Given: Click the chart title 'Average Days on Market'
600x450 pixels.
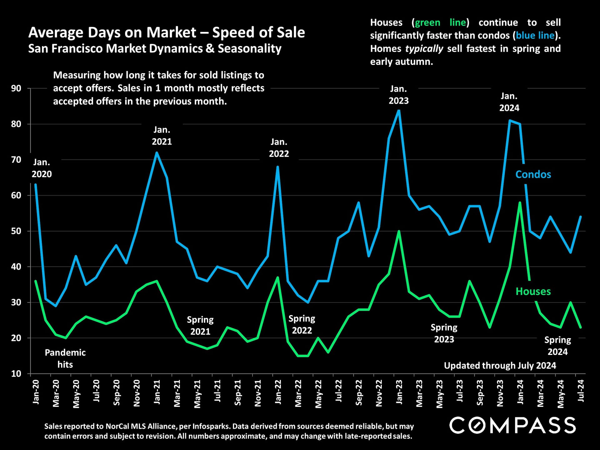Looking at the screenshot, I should (x=166, y=32).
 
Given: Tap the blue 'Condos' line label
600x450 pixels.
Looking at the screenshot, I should (x=533, y=174).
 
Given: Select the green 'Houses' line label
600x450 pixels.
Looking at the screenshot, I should (x=533, y=291).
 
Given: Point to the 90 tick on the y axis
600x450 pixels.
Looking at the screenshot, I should (x=16, y=88).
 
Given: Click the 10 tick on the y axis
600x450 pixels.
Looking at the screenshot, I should (x=16, y=374).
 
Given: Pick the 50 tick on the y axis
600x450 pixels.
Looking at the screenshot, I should (x=16, y=231).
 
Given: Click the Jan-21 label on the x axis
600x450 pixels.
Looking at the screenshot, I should (x=157, y=392).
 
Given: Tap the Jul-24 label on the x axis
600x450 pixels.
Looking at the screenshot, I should (x=581, y=391).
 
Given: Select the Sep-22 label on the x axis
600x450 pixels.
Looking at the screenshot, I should (x=359, y=393).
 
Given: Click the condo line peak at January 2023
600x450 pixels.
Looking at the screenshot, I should (x=399, y=110).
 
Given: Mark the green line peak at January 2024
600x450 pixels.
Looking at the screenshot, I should (x=520, y=202).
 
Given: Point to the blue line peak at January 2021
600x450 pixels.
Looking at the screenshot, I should (x=157, y=152).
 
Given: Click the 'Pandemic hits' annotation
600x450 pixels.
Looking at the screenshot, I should (x=65, y=358).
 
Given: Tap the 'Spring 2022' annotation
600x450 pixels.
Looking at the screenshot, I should (x=302, y=324).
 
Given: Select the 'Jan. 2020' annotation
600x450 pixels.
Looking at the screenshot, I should (x=42, y=168).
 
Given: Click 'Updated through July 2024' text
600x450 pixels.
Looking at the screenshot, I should (x=500, y=366).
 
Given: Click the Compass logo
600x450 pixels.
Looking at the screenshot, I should (x=512, y=425).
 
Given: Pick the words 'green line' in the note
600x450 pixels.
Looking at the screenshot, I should (x=440, y=22).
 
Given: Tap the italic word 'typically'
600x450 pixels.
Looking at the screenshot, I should (x=424, y=49).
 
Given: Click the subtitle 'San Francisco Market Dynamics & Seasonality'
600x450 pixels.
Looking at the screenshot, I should (x=155, y=49).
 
